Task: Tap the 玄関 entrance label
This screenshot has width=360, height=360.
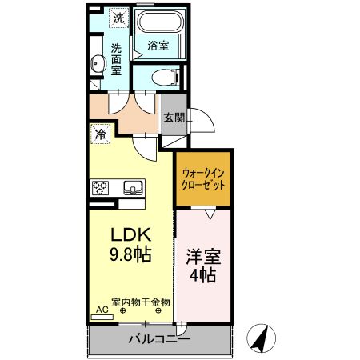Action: click(174, 118)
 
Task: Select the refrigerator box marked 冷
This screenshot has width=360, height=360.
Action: click(101, 134)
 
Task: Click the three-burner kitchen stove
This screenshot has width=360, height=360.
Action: click(102, 189)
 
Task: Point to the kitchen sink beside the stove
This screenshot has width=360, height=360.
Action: click(133, 188)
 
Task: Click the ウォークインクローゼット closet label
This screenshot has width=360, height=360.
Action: click(204, 178)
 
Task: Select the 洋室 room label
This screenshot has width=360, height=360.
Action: click(204, 258)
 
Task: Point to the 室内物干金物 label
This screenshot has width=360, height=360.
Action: click(141, 302)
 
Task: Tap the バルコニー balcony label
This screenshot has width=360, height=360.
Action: click(158, 340)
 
